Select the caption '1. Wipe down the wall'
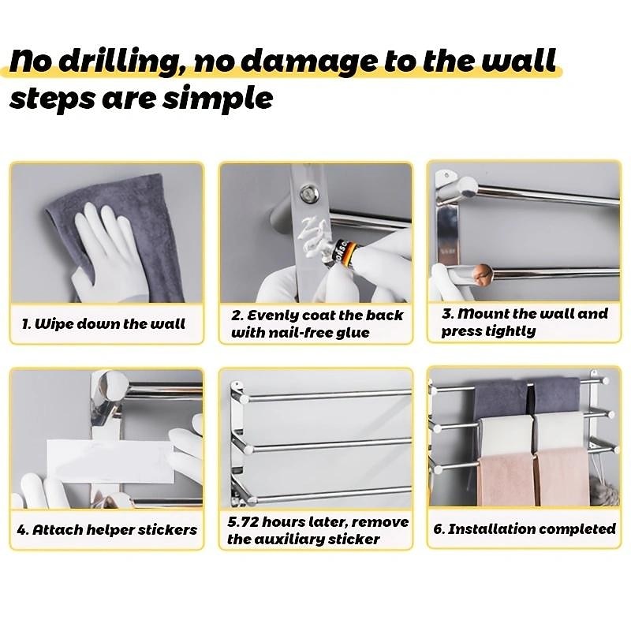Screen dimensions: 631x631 pyautogui.click(x=103, y=324)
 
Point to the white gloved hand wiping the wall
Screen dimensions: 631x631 pyautogui.click(x=106, y=258)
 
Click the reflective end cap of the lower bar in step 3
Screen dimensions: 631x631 pyautogui.click(x=482, y=274)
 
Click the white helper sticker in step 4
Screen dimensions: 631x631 pyautogui.click(x=110, y=461)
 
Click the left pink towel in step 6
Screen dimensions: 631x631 pyautogui.click(x=506, y=480)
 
